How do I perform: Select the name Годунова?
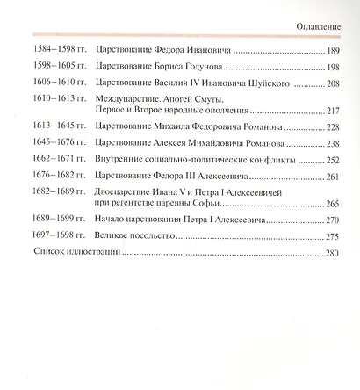[x=206, y=69]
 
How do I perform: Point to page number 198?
[x=331, y=69]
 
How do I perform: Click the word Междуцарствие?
[x=130, y=101]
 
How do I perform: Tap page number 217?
[x=331, y=112]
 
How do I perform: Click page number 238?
[x=331, y=144]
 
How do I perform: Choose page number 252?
[x=331, y=161]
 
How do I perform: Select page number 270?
[x=331, y=220]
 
